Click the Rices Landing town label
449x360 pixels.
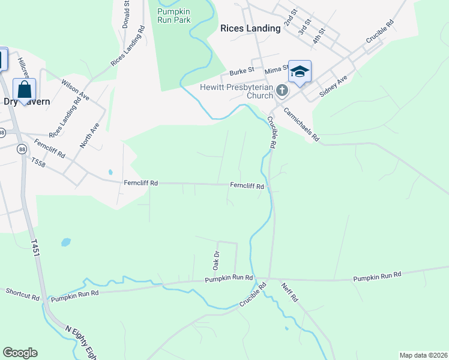(x=250, y=28)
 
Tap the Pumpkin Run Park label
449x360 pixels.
(x=173, y=16)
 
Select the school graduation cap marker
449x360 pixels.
(x=300, y=73)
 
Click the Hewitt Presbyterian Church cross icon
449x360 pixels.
(x=282, y=91)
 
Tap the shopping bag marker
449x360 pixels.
(x=24, y=90)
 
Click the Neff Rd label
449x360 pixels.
(x=290, y=292)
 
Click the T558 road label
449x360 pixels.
(x=39, y=161)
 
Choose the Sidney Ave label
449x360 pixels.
(x=333, y=86)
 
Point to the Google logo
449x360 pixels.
(x=20, y=353)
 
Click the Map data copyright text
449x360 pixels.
(x=424, y=355)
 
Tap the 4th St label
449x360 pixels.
(x=318, y=35)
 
